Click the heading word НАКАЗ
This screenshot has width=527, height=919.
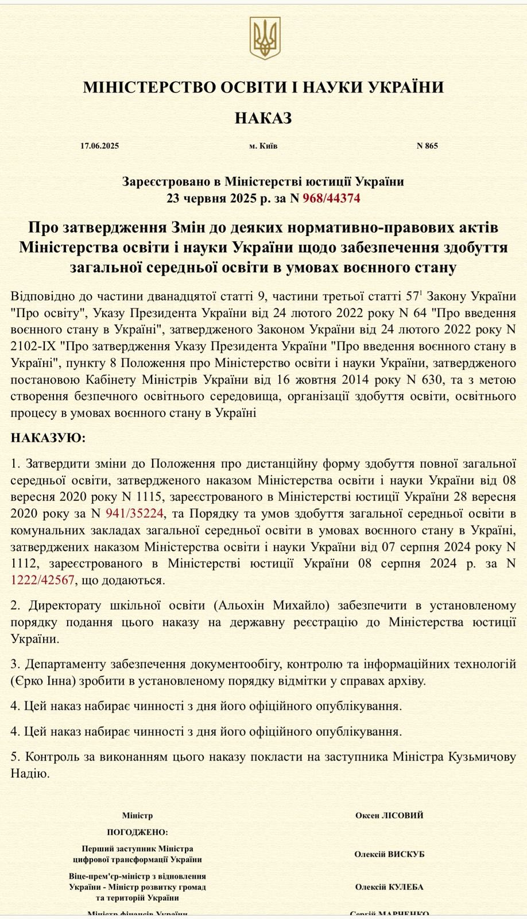263,118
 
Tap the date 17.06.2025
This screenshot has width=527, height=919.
100,146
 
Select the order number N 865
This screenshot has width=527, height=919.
427,146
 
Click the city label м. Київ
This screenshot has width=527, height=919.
263,146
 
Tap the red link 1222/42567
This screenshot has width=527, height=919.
42,580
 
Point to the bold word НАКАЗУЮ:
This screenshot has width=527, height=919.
48,438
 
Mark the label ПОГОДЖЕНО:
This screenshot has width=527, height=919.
138,832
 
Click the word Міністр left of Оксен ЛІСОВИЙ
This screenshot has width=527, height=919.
138,816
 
